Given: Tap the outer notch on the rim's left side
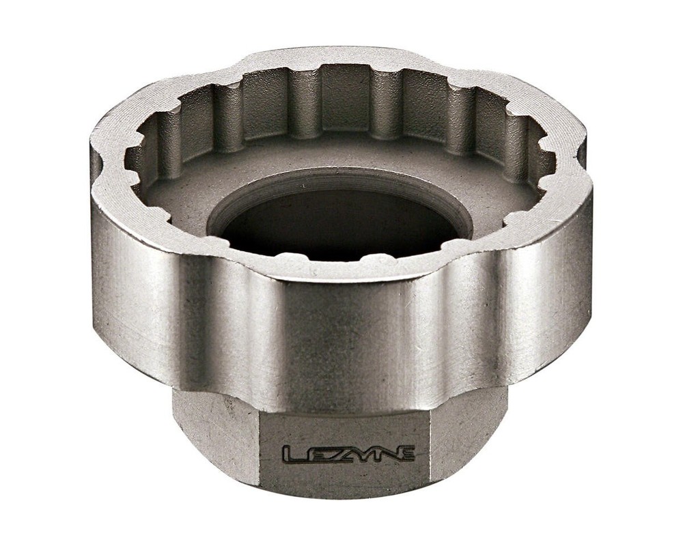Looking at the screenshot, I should coord(102,164).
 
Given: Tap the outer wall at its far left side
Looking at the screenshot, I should coord(109,259).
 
